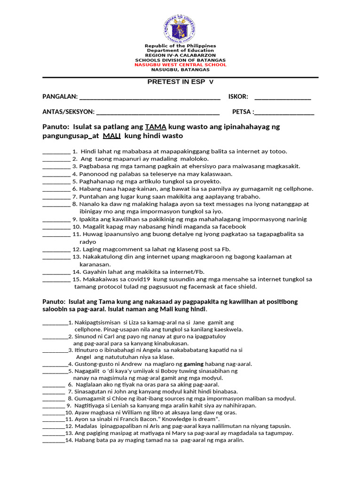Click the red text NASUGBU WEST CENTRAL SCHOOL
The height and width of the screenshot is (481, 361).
(x=180, y=65)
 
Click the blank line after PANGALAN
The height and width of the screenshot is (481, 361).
(x=150, y=97)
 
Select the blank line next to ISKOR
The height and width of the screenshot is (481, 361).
(x=283, y=97)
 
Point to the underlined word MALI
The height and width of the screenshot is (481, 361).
(x=112, y=136)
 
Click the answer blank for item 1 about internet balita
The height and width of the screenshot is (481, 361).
(x=56, y=152)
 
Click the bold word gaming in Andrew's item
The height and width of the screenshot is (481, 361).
(x=194, y=364)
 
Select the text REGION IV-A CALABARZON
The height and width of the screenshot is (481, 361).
(x=180, y=55)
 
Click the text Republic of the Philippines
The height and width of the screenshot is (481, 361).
(x=180, y=46)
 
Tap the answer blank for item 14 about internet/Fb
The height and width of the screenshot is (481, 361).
(x=56, y=272)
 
